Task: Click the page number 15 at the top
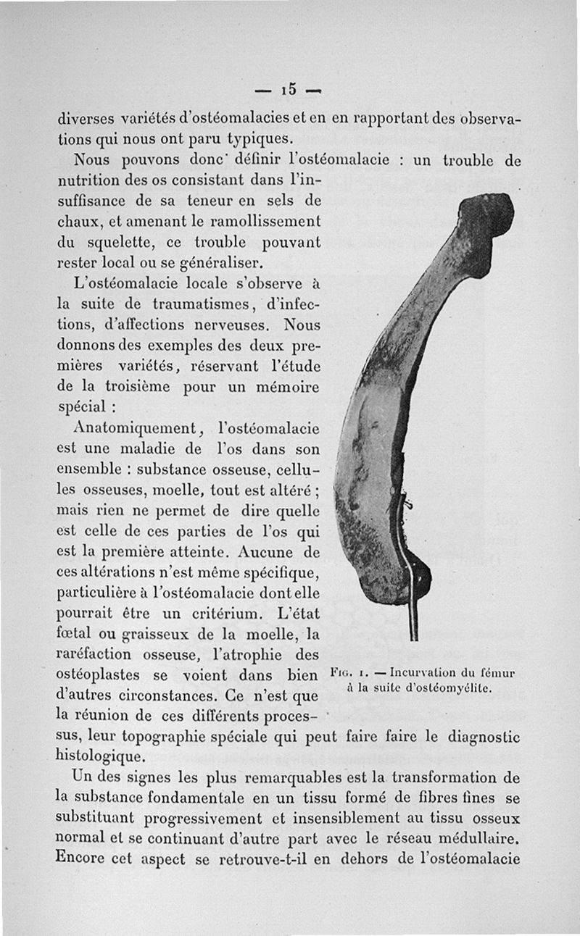click(289, 89)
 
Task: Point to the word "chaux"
click(75, 218)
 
